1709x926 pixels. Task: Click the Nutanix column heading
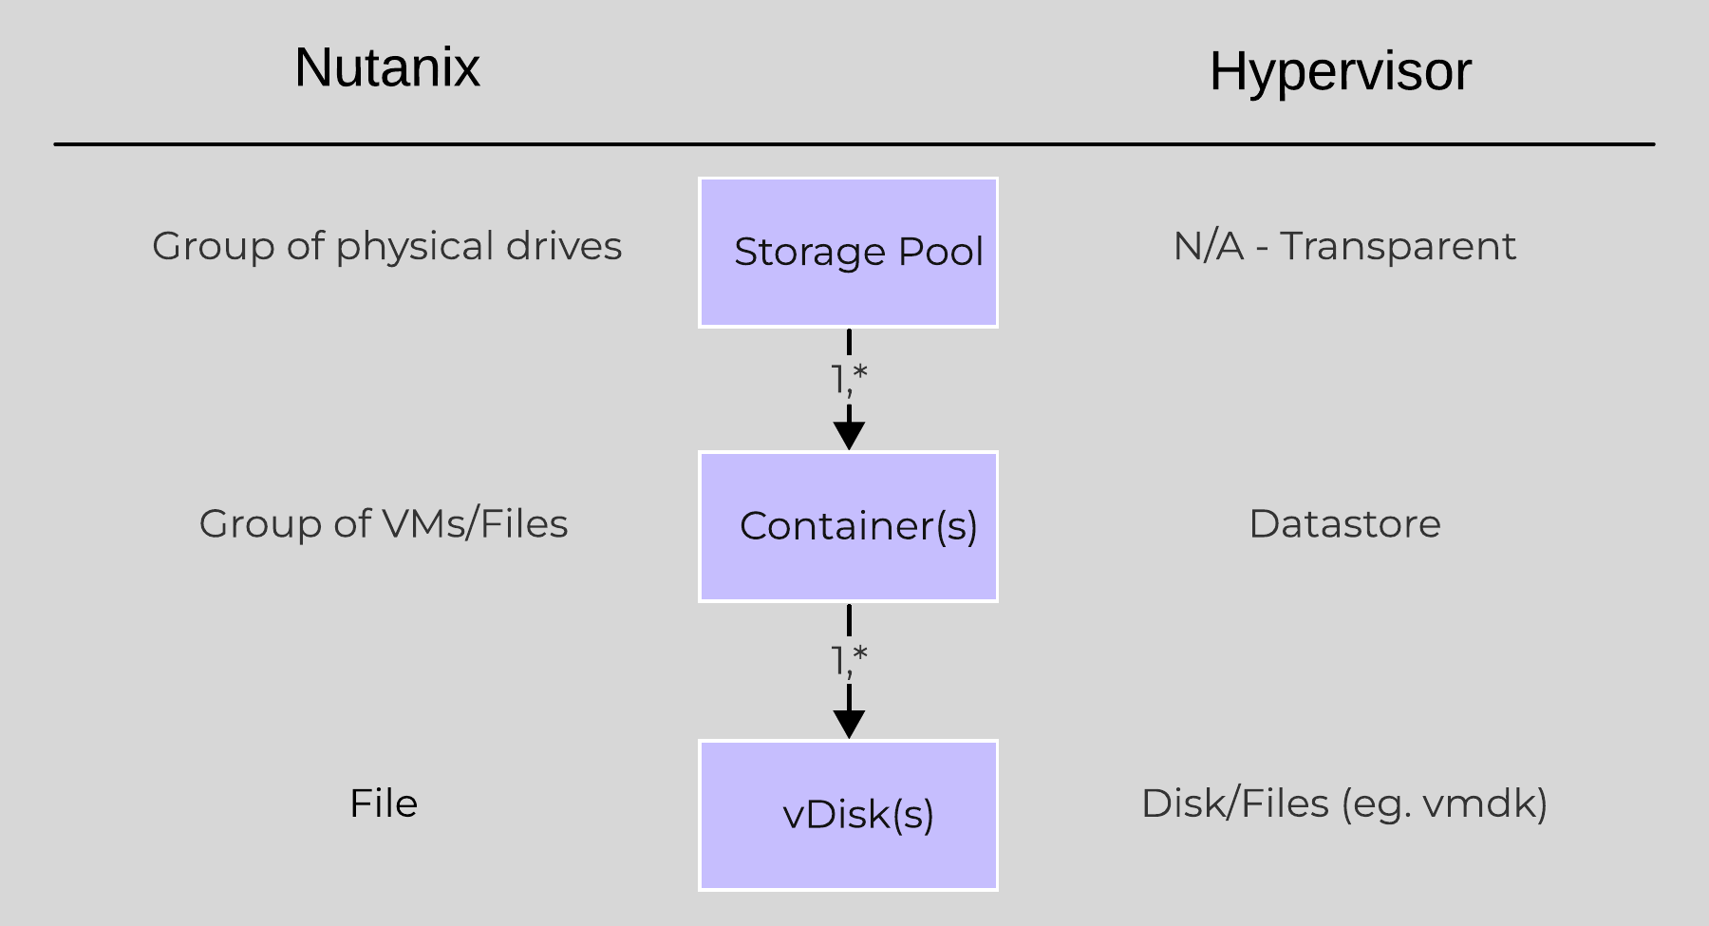pos(387,67)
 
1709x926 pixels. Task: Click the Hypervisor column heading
pos(1340,71)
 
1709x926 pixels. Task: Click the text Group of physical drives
pos(386,246)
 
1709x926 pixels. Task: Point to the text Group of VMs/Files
pos(384,524)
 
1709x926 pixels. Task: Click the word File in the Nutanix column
pos(384,803)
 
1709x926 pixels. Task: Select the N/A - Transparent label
pos(1344,246)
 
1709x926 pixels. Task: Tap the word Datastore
pos(1344,524)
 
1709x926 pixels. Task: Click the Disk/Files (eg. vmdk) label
pos(1344,803)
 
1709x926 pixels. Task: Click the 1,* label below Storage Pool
pos(849,379)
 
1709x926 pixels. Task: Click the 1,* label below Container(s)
pos(849,658)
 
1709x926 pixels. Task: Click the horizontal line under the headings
pos(854,144)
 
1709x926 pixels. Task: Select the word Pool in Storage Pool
pos(940,252)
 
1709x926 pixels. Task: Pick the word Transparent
pos(1398,246)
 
